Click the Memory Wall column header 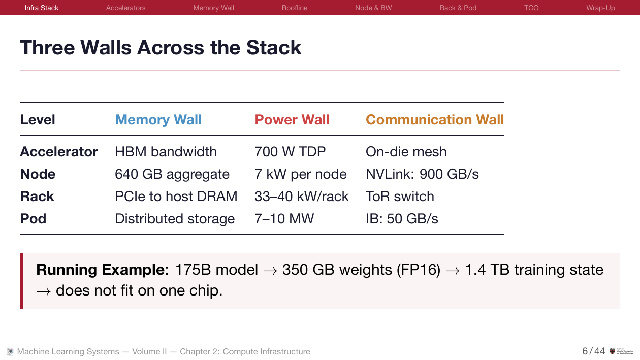[158, 120]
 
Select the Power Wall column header [292, 120]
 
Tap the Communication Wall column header [434, 120]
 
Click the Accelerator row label [59, 152]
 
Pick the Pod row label [33, 219]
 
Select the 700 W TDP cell [290, 152]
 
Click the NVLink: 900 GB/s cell [422, 174]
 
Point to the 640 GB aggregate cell [172, 174]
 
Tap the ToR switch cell [400, 197]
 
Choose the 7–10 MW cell [284, 219]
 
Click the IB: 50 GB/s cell [402, 219]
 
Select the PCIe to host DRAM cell [176, 197]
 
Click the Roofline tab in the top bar [295, 8]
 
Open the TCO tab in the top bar [531, 8]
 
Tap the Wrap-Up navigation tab [600, 8]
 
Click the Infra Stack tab [42, 8]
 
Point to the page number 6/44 [593, 351]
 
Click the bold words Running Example [99, 270]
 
